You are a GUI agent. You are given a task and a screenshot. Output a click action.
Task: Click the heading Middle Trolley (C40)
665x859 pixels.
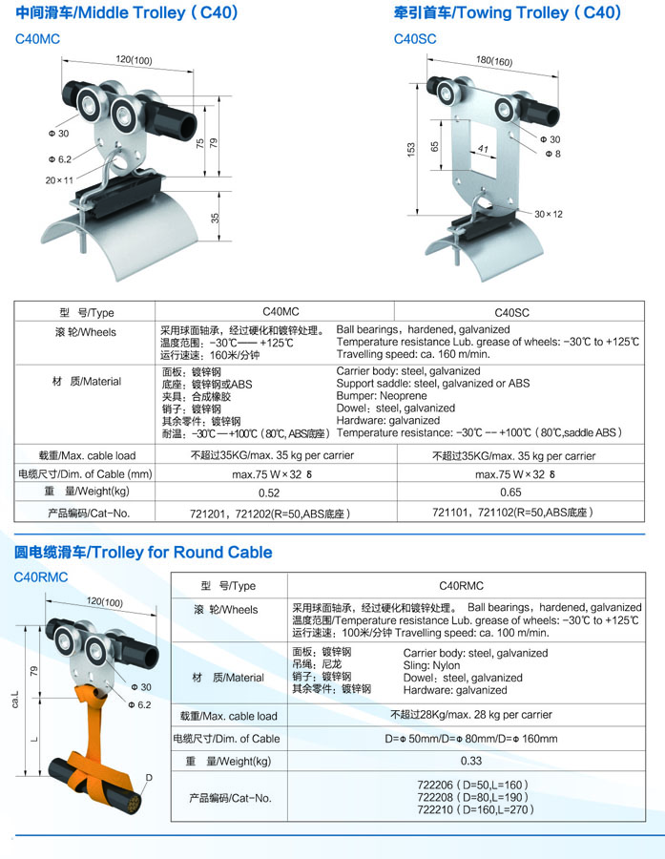tap(158, 12)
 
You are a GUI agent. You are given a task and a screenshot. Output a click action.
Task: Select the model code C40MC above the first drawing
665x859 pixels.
tap(38, 39)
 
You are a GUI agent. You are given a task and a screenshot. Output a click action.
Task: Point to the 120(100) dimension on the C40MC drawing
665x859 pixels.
tap(134, 59)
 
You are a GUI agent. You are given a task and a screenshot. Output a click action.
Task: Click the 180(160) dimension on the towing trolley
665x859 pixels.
tap(494, 60)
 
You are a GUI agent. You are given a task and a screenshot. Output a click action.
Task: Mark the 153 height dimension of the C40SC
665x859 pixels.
tap(411, 150)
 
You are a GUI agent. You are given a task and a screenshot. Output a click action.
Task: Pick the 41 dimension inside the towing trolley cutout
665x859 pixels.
tap(483, 148)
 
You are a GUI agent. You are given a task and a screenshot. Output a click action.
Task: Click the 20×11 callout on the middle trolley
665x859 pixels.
tap(59, 180)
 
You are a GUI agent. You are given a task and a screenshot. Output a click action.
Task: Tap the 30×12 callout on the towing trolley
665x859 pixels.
tap(549, 214)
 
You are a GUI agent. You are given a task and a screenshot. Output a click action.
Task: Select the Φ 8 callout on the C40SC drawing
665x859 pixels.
tap(552, 154)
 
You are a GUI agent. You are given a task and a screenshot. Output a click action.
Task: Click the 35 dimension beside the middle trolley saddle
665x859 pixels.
tap(216, 218)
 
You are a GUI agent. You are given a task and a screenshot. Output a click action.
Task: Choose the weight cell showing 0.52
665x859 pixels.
tap(269, 492)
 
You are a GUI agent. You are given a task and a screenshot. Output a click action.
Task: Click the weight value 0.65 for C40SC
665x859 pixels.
tap(510, 492)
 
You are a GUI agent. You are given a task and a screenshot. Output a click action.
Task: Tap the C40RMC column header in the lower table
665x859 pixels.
tap(461, 586)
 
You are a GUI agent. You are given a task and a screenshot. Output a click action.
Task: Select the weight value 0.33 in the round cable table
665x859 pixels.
tap(471, 761)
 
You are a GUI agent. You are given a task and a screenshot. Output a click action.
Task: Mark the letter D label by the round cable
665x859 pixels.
tap(149, 777)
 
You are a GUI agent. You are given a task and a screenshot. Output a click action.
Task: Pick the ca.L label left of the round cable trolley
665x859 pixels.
tap(15, 699)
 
